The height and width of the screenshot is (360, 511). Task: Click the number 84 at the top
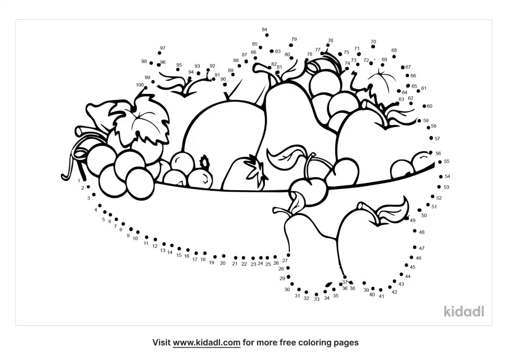[x=264, y=30]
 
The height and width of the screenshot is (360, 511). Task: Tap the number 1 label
[x=79, y=181]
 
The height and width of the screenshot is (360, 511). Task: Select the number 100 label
[x=140, y=85]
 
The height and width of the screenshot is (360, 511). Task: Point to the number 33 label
[x=317, y=299]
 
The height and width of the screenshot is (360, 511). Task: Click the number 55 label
[x=446, y=162]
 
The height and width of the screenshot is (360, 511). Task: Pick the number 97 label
[x=163, y=48]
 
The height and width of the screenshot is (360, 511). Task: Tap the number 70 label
[x=373, y=42]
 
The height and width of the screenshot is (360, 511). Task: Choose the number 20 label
[x=223, y=263]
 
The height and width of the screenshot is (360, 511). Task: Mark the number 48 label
[x=422, y=232]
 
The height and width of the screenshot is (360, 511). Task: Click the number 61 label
[x=423, y=88]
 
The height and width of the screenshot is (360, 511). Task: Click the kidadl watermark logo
[x=464, y=311]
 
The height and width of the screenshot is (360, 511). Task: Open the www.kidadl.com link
[x=206, y=343]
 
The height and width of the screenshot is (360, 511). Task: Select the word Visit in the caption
[x=161, y=343]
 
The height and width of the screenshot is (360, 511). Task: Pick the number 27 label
[x=285, y=260]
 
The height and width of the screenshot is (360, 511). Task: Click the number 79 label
[x=294, y=40]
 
